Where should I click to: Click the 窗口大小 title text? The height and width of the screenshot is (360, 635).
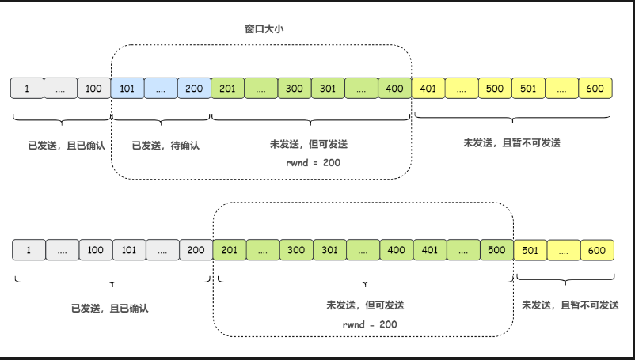[x=264, y=29]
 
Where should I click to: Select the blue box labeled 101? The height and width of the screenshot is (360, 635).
[x=127, y=89]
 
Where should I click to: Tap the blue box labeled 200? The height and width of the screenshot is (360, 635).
[x=193, y=89]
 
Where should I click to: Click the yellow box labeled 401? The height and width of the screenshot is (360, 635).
[x=428, y=89]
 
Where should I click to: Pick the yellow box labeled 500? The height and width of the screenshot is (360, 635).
[x=495, y=89]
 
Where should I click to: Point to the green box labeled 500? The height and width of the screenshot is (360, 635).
[x=496, y=251]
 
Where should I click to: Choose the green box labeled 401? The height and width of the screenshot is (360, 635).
[x=430, y=251]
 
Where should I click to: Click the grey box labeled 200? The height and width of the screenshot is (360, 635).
[x=196, y=251]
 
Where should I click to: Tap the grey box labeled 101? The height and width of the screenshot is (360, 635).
[x=129, y=251]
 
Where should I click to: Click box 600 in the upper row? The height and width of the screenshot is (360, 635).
[x=595, y=89]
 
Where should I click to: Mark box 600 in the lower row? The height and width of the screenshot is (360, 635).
[x=597, y=251]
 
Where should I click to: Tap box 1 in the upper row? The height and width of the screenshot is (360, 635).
[x=27, y=89]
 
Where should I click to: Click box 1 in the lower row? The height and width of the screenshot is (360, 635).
[x=29, y=251]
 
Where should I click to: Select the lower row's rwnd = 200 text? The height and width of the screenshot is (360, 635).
[x=365, y=324]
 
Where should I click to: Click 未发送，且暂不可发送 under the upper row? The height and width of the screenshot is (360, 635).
[x=511, y=143]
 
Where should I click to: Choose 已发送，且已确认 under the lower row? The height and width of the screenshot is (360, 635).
[x=110, y=308]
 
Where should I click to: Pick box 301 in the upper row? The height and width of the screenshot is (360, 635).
[x=328, y=89]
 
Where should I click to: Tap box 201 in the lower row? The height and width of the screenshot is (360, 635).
[x=230, y=251]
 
